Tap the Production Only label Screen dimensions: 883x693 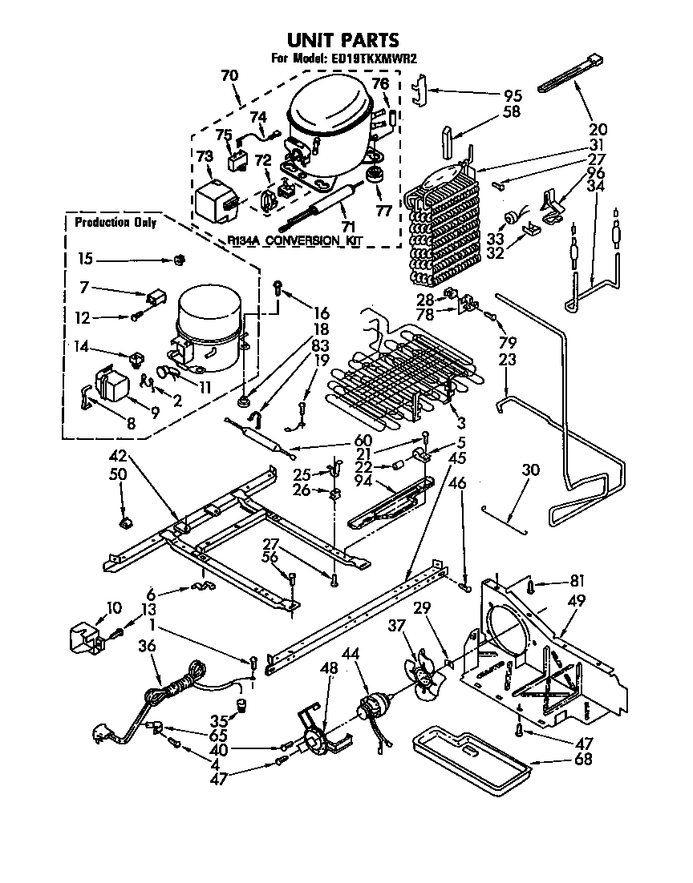click(115, 223)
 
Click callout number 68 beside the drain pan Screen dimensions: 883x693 click(583, 759)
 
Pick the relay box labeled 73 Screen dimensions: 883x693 click(212, 196)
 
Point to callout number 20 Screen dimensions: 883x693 click(598, 128)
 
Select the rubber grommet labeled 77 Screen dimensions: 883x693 click(373, 176)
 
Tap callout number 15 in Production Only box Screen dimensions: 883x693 click(85, 259)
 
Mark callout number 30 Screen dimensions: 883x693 click(530, 470)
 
